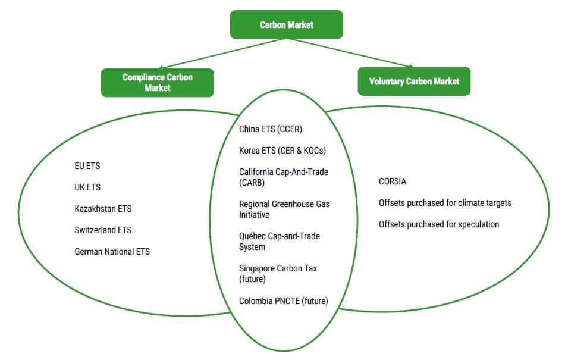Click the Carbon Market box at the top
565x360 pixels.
287,24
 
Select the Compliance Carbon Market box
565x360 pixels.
158,83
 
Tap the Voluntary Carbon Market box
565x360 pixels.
414,82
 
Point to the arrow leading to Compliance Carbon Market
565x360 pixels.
222,54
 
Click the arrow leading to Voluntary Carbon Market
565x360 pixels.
351,53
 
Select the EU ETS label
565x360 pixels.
87,166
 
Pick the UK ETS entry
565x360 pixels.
87,187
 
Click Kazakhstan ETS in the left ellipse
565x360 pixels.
103,209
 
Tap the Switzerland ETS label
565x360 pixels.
103,230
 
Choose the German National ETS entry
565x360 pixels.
112,252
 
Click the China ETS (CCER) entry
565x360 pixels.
271,129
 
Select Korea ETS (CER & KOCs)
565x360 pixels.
282,151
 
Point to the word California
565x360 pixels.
256,172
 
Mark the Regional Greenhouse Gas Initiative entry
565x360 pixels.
284,209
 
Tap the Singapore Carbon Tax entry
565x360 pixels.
278,274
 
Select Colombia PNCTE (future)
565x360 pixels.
284,301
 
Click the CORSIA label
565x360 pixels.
393,181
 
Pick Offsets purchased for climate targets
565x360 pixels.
445,203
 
